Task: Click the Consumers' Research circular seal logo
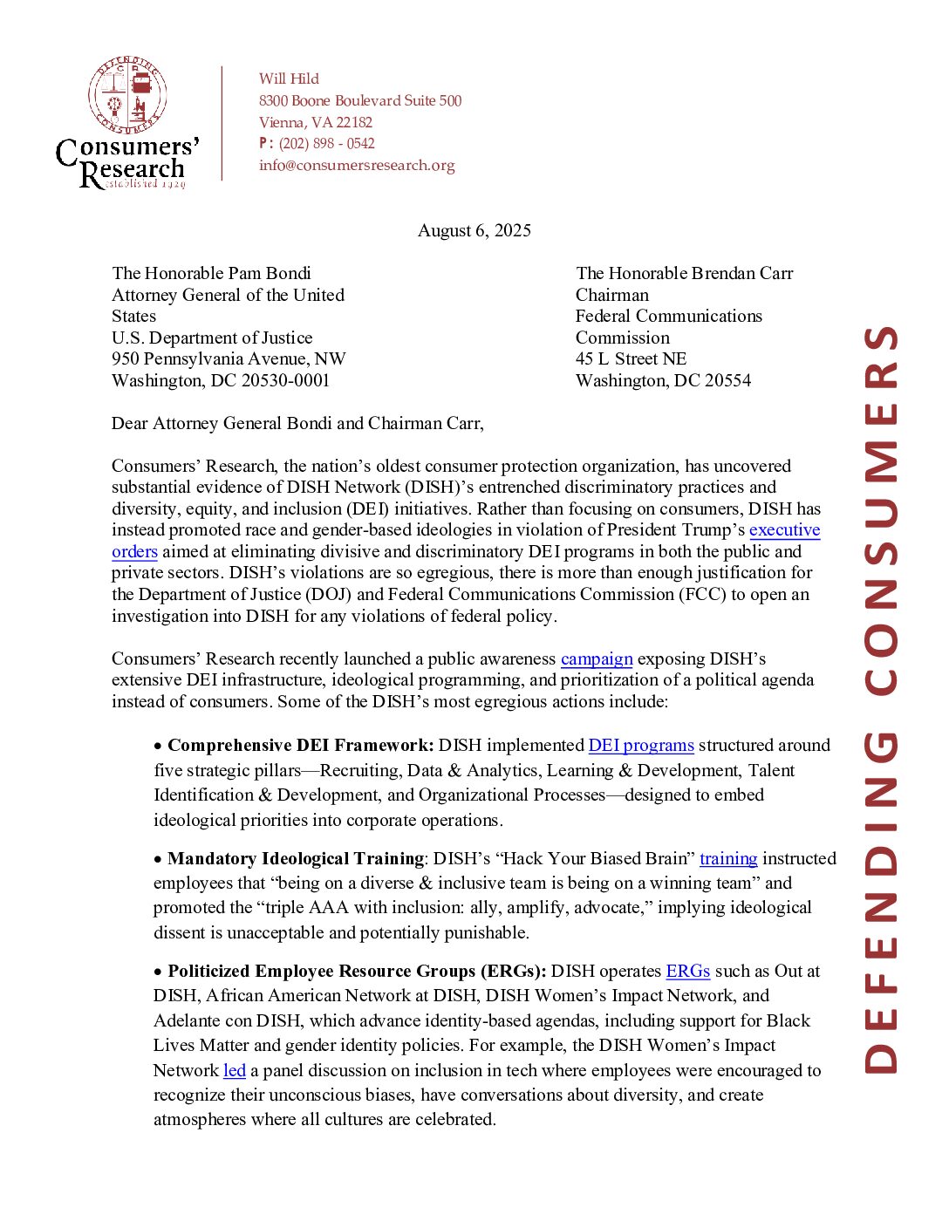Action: (127, 95)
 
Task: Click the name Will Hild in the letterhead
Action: (289, 78)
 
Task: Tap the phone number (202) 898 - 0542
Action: (326, 143)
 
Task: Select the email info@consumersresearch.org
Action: (357, 165)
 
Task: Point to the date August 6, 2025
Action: (474, 230)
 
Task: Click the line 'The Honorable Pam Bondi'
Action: (211, 273)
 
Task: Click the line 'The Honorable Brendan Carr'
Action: (684, 273)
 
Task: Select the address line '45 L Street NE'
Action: (631, 358)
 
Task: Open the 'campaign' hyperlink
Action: (597, 658)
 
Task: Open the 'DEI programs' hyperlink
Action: (641, 745)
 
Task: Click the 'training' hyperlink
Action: (728, 858)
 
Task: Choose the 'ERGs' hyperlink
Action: (687, 971)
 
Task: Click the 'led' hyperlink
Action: (234, 1070)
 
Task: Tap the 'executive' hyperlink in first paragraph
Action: (784, 529)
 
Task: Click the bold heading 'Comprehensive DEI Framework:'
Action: (300, 745)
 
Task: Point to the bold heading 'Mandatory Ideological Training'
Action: (296, 858)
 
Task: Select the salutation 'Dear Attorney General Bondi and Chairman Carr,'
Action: (297, 423)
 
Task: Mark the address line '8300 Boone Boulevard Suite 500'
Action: (360, 100)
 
